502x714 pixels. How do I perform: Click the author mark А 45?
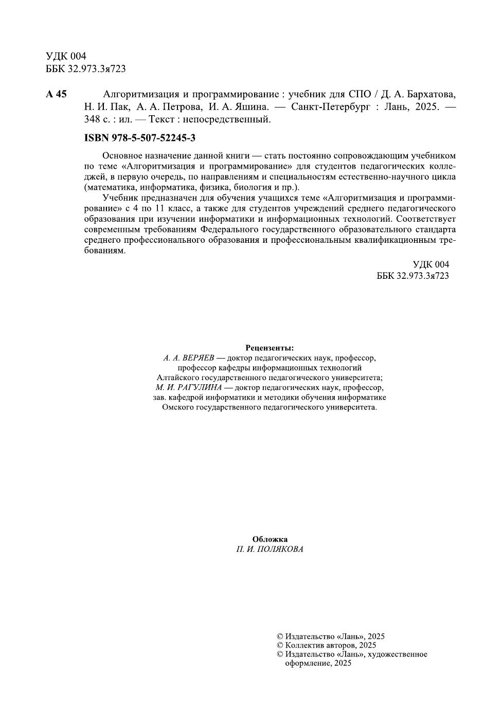pos(56,94)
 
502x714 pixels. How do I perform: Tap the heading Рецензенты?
pos(270,348)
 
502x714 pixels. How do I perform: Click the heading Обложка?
pos(270,539)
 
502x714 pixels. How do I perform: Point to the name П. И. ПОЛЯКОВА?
pos(270,549)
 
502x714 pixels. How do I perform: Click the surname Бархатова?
pos(428,94)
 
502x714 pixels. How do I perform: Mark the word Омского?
pos(178,407)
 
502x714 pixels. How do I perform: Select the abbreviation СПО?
pos(360,94)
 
